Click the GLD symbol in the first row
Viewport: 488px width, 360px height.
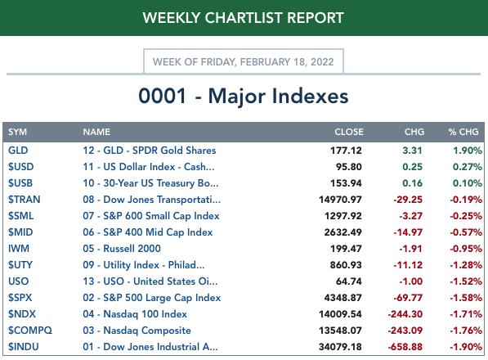click(x=18, y=151)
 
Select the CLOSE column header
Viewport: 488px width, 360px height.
click(x=349, y=132)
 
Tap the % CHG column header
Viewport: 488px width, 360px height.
click(x=463, y=132)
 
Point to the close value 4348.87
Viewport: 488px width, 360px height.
click(x=342, y=298)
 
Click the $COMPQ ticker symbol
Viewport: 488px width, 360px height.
click(x=30, y=331)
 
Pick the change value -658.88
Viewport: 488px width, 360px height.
click(x=405, y=347)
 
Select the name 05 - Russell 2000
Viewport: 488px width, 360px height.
click(x=122, y=249)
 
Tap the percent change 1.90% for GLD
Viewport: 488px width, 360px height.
click(x=467, y=151)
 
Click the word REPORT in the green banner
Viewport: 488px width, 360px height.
click(x=316, y=18)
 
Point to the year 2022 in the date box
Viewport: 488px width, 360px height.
click(x=322, y=61)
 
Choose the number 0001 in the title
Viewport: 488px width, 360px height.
click(x=162, y=96)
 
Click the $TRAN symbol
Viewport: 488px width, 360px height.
click(x=24, y=200)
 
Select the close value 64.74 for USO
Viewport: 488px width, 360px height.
click(x=348, y=281)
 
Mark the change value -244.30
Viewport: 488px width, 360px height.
click(x=405, y=314)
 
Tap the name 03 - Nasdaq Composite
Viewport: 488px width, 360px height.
click(x=137, y=331)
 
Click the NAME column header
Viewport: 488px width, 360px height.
click(x=96, y=132)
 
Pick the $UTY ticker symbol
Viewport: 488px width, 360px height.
click(x=20, y=265)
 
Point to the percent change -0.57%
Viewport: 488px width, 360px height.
click(x=466, y=232)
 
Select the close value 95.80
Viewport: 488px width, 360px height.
click(x=348, y=167)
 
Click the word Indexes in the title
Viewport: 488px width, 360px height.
click(x=310, y=96)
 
